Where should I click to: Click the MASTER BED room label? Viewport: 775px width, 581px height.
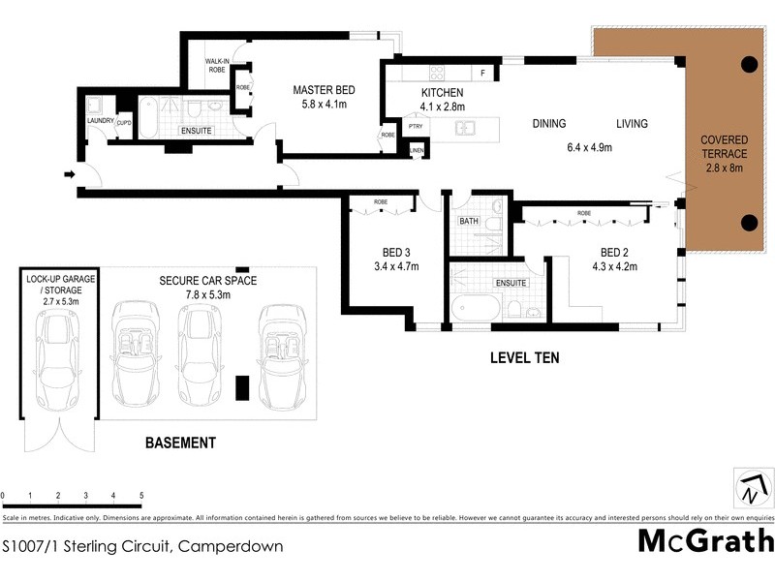tap(320, 90)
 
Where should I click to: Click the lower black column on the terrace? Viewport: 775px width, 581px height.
tap(749, 222)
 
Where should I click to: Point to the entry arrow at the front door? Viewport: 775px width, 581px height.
tap(69, 175)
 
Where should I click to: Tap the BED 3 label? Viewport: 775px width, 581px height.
tap(394, 252)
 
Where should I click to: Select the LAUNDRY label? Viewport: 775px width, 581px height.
tap(101, 121)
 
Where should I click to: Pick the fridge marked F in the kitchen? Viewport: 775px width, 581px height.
tap(481, 74)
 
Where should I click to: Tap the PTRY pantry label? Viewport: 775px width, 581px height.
tap(416, 127)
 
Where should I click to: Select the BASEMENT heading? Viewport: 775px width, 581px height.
tap(180, 443)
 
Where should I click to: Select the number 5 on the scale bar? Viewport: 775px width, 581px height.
tap(141, 495)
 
